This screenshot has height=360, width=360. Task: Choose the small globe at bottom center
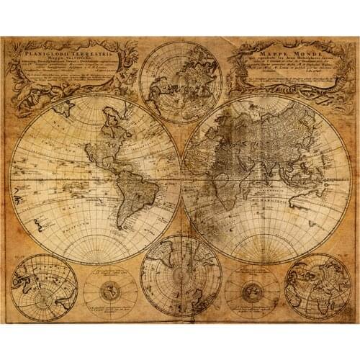pos(181,276)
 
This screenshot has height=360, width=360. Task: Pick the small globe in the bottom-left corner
pos(44,286)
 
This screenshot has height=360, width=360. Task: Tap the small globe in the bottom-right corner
pos(317,286)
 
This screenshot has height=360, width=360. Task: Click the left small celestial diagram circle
pos(110,292)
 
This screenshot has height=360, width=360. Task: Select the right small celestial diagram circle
pos(251,292)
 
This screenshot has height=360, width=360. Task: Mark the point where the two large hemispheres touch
pos(180,176)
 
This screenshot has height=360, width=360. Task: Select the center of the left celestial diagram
pos(110,292)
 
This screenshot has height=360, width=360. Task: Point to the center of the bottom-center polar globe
pos(181,276)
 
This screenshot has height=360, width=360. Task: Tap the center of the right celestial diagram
pos(251,292)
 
